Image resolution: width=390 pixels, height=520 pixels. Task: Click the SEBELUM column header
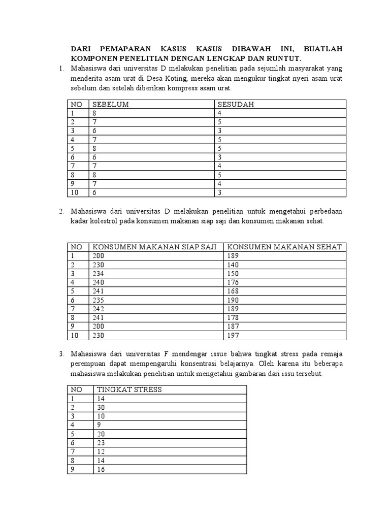click(x=110, y=105)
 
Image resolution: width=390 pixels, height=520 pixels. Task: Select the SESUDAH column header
click(x=236, y=105)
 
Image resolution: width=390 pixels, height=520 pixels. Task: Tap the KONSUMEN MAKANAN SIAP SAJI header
click(x=154, y=247)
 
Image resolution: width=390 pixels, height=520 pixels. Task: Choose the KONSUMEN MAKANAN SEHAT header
click(x=285, y=247)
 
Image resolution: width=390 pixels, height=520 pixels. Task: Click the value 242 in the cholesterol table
click(x=99, y=309)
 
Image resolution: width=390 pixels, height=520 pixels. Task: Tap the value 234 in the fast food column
click(x=99, y=274)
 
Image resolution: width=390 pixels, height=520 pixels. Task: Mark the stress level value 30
click(x=101, y=407)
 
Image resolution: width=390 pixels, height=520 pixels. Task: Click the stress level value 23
click(x=101, y=443)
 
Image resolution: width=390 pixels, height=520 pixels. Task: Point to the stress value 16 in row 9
click(x=101, y=470)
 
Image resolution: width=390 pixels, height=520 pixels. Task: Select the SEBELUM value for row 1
click(x=94, y=114)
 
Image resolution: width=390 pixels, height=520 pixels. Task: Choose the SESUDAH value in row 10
click(x=219, y=192)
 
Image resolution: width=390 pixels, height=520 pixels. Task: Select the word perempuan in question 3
click(x=89, y=364)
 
